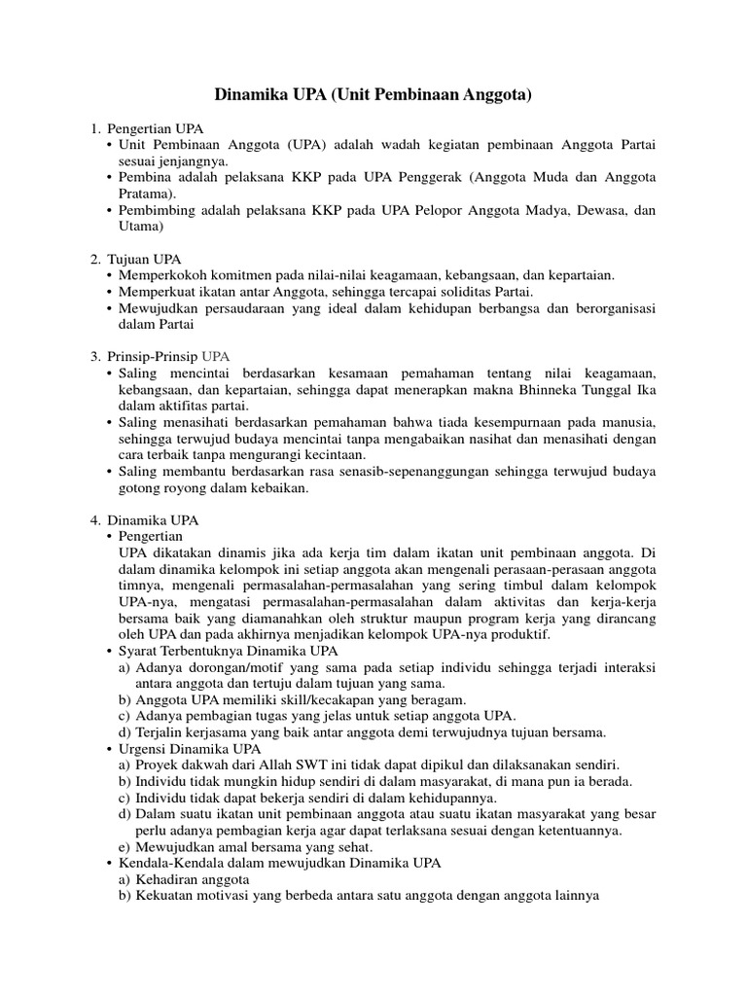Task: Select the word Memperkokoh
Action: coord(162,275)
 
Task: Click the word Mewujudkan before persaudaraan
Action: coord(160,307)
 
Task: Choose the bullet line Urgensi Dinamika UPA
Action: coord(191,749)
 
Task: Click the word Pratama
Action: coord(143,194)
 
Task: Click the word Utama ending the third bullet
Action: coord(137,227)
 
